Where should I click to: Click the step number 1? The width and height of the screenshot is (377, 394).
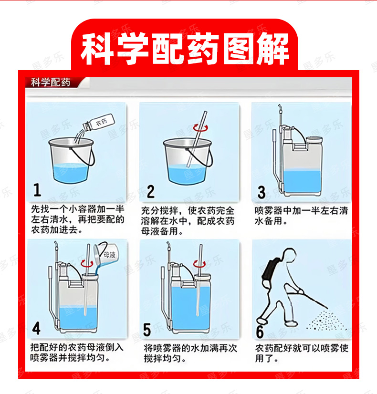click(37, 190)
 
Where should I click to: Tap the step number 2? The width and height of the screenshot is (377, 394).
click(150, 191)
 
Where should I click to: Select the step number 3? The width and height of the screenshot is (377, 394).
click(262, 193)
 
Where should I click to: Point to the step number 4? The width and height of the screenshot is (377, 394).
click(36, 328)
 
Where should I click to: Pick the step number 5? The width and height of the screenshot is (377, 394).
click(147, 330)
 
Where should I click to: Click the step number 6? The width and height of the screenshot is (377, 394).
click(260, 331)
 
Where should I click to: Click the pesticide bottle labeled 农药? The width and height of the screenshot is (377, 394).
click(99, 123)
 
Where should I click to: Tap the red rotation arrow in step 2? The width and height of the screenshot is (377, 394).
click(200, 128)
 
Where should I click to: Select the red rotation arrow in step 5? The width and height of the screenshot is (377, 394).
click(199, 264)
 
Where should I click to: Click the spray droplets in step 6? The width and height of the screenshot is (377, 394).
click(326, 321)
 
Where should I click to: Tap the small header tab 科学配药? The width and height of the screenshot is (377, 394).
click(51, 82)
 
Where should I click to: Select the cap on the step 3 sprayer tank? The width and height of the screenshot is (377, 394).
click(314, 140)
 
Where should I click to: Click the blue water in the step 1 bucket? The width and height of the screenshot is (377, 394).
click(71, 173)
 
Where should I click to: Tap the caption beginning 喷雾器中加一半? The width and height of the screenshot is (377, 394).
click(301, 216)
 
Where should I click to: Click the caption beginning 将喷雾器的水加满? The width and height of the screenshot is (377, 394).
click(190, 353)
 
